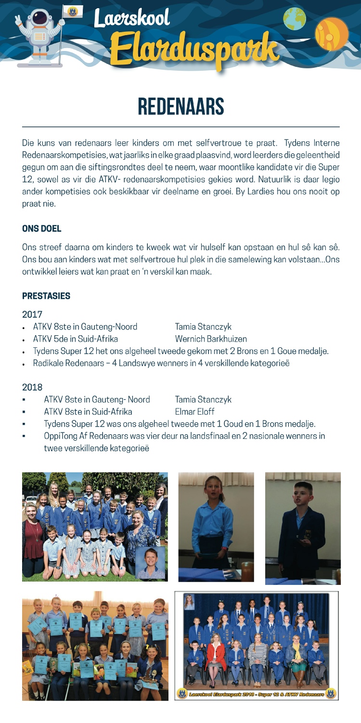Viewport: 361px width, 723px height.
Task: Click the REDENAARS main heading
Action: tap(181, 107)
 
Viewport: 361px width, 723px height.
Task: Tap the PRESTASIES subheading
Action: tap(46, 296)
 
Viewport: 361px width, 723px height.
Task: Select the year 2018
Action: tap(32, 386)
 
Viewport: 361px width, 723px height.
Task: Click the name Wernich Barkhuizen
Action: tap(211, 339)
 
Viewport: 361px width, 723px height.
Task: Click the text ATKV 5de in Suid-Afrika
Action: tap(76, 339)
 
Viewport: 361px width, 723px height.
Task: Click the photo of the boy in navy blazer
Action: tap(303, 528)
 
